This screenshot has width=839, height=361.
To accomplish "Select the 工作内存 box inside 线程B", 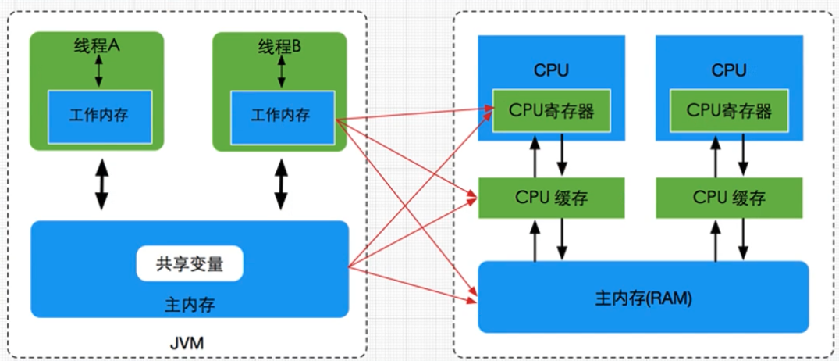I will [x=280, y=116].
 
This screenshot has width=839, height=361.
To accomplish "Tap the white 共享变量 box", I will [x=190, y=264].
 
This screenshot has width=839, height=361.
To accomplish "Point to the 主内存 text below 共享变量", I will [x=190, y=305].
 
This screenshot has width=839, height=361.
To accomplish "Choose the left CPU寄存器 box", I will [x=552, y=111].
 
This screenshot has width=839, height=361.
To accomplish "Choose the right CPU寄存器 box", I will [x=729, y=110].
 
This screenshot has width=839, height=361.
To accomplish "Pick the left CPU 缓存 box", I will [x=552, y=197].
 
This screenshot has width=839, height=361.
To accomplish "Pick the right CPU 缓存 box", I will [x=729, y=197].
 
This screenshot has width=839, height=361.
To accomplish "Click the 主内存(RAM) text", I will [x=643, y=298].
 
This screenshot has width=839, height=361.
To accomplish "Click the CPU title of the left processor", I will [x=552, y=71].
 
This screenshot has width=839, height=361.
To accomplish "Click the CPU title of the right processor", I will [x=729, y=71].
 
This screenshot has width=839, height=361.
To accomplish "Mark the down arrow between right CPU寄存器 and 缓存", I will [x=743, y=156].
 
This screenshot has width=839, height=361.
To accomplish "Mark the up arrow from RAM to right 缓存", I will [x=716, y=238].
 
